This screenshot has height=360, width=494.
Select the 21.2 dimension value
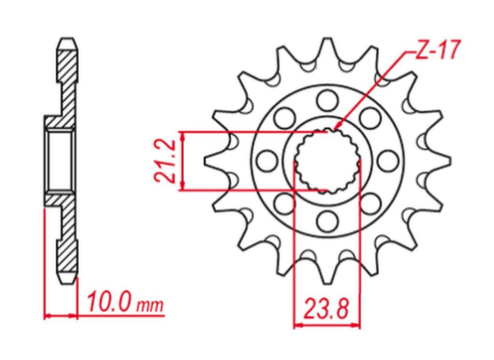[165, 161]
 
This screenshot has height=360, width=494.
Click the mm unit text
[150, 305]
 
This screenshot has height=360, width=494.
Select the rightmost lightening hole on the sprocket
[388, 161]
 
